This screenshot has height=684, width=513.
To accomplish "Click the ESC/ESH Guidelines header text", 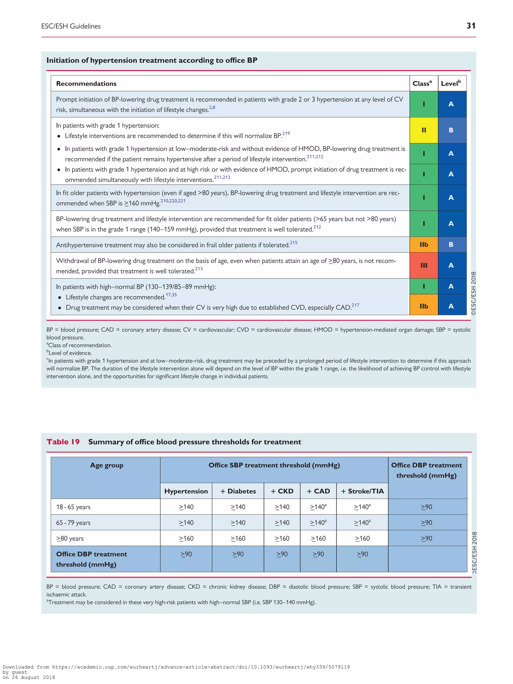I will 71,26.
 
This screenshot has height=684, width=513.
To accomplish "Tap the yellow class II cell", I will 423,130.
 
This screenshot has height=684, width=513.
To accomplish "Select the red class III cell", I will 423,265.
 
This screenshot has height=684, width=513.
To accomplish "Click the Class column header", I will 422,83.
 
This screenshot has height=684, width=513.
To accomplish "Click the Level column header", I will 451,83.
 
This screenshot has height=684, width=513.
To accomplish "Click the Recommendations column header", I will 86,83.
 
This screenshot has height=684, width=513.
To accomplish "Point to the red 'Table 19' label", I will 63,442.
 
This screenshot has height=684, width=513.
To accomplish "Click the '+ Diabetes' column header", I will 238,491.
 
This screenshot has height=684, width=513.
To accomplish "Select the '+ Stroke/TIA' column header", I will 362,491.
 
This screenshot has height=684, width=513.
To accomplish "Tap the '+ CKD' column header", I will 282,491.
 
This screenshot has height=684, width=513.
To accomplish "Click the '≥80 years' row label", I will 70,538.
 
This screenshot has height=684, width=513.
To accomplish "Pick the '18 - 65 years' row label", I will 73,507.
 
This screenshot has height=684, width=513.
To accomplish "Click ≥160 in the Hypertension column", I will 186,538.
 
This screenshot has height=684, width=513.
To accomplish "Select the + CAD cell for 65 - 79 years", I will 318,523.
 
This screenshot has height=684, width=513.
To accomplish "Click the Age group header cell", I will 106,465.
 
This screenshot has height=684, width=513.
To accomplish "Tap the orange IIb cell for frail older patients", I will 423,245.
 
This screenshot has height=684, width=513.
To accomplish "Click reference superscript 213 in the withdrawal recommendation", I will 199,269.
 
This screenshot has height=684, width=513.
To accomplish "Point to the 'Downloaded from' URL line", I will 176,667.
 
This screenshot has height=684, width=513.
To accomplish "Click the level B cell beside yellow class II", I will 451,130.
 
